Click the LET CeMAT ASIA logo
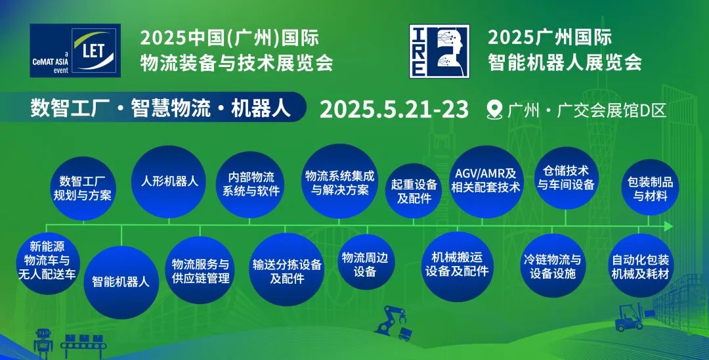click(x=75, y=50)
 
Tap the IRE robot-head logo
click(x=439, y=51)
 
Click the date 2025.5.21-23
click(x=394, y=110)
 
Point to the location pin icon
click(x=495, y=110)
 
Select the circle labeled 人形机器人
click(x=169, y=181)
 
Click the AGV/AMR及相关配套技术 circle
click(x=486, y=181)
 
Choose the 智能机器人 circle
click(x=121, y=282)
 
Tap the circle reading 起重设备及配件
click(x=414, y=191)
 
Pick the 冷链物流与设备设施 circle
click(x=552, y=266)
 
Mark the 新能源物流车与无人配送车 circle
click(x=47, y=263)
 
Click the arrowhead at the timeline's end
click(x=669, y=225)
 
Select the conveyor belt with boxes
click(x=85, y=346)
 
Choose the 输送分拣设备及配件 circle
click(x=286, y=269)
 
